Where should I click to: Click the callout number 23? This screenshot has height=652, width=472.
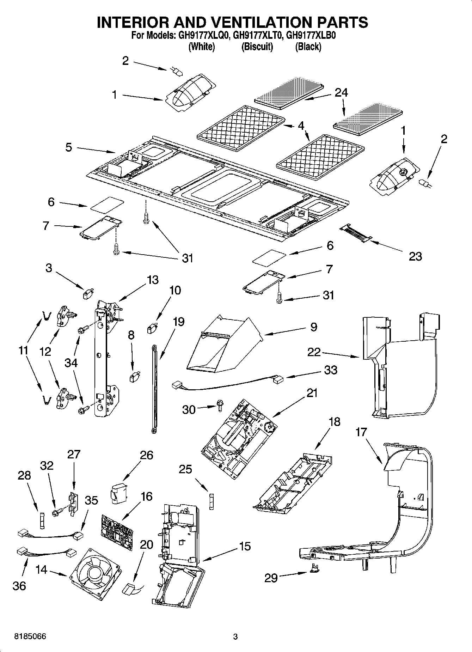tap(415, 256)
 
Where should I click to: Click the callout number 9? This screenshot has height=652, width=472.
tap(313, 327)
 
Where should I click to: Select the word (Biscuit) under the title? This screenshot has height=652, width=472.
tap(257, 47)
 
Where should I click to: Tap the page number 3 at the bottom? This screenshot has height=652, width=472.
tap(235, 637)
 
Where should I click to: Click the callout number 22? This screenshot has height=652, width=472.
tap(313, 352)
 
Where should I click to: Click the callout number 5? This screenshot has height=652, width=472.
tap(69, 147)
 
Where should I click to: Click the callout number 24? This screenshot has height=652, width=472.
tap(341, 93)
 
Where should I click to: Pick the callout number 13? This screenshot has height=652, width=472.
tap(152, 280)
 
